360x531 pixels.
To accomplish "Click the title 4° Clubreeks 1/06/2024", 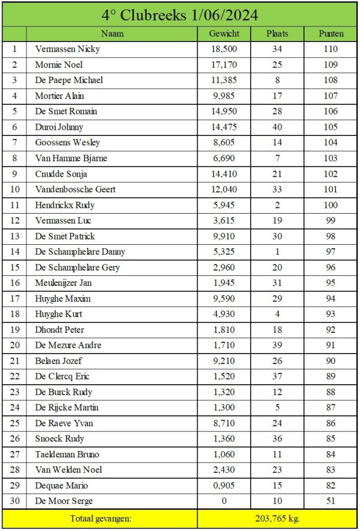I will click(x=179, y=15).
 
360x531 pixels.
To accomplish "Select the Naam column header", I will click(x=112, y=34).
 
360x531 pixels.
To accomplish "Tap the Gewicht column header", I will click(x=224, y=34).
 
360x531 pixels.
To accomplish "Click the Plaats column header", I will click(x=277, y=34).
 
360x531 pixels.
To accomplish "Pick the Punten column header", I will click(x=330, y=34).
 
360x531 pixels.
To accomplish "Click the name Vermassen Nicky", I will click(x=67, y=49).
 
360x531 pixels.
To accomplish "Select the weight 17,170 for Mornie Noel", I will click(x=224, y=65).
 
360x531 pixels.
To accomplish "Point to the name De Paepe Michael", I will click(x=69, y=80).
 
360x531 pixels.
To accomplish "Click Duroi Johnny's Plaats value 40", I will click(x=277, y=127).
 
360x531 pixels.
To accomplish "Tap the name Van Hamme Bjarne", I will click(x=71, y=158).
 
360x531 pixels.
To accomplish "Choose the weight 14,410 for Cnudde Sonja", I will click(x=224, y=174).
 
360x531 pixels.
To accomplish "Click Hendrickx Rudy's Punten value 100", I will click(x=330, y=205).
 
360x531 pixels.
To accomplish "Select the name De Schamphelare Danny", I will click(x=80, y=252).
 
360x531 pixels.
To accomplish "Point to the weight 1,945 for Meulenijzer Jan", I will click(x=224, y=283).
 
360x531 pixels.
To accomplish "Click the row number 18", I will click(x=15, y=314).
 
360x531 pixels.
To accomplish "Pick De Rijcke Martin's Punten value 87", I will click(x=330, y=408).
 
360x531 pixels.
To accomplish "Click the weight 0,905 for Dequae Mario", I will click(x=224, y=486).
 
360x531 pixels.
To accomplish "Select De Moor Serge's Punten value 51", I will click(x=330, y=501).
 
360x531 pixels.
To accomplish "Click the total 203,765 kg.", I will click(x=277, y=518).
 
